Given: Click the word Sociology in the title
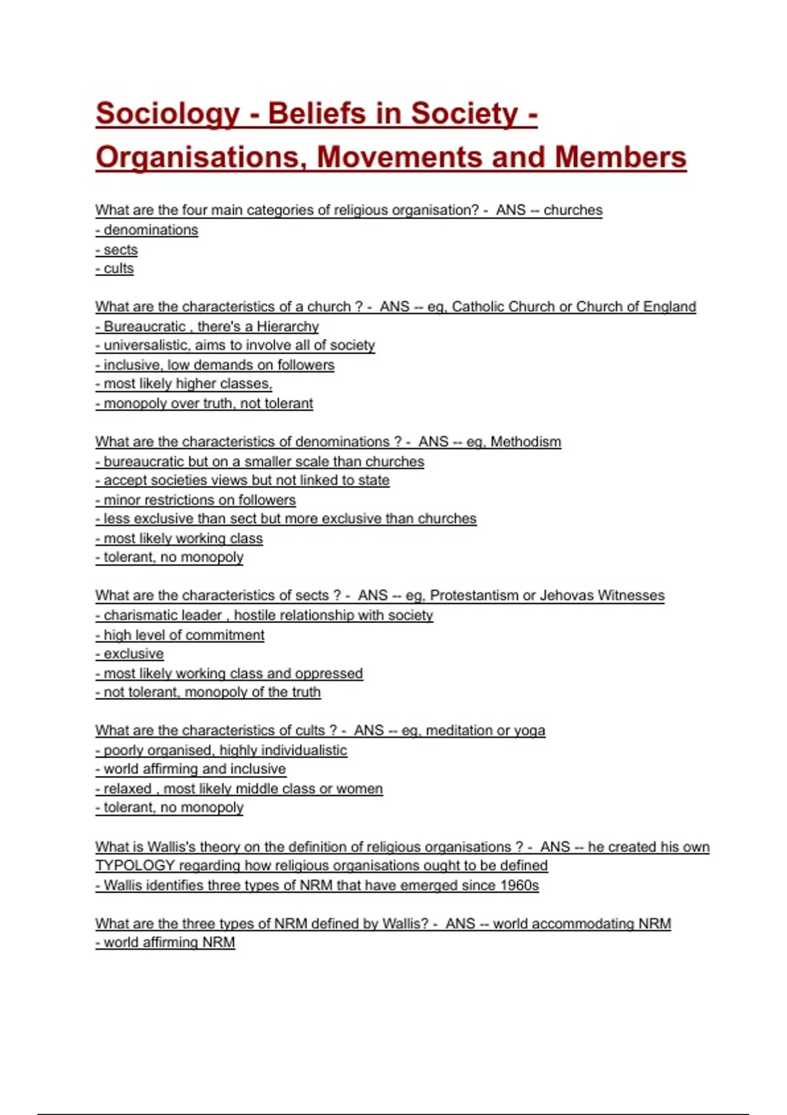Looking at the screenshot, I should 168,114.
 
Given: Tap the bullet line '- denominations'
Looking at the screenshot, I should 147,230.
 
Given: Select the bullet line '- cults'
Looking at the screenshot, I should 115,269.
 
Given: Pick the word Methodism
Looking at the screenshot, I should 525,442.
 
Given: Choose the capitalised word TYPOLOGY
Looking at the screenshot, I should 135,866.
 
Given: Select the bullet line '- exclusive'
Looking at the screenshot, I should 130,654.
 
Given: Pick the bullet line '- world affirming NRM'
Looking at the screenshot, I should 165,943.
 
